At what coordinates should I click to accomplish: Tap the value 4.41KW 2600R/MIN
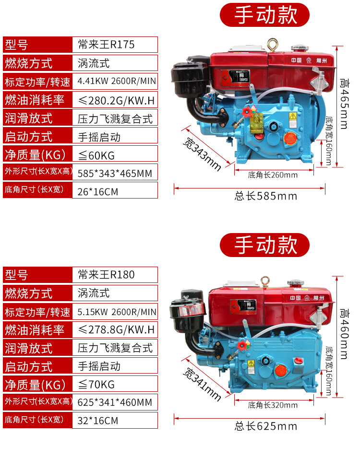point(117,82)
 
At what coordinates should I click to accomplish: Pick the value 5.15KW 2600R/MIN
point(117,312)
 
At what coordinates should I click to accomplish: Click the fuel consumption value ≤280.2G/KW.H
point(116,100)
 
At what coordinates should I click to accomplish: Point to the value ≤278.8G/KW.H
point(116,330)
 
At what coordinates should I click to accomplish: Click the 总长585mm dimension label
point(265,196)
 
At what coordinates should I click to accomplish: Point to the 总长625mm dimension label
point(265,426)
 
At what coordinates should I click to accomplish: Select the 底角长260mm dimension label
point(273,175)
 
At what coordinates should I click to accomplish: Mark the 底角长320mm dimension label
point(273,405)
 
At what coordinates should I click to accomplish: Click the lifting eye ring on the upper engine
point(276,44)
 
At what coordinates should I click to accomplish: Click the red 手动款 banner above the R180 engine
point(265,245)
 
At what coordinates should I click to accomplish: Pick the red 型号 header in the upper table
point(37,45)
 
